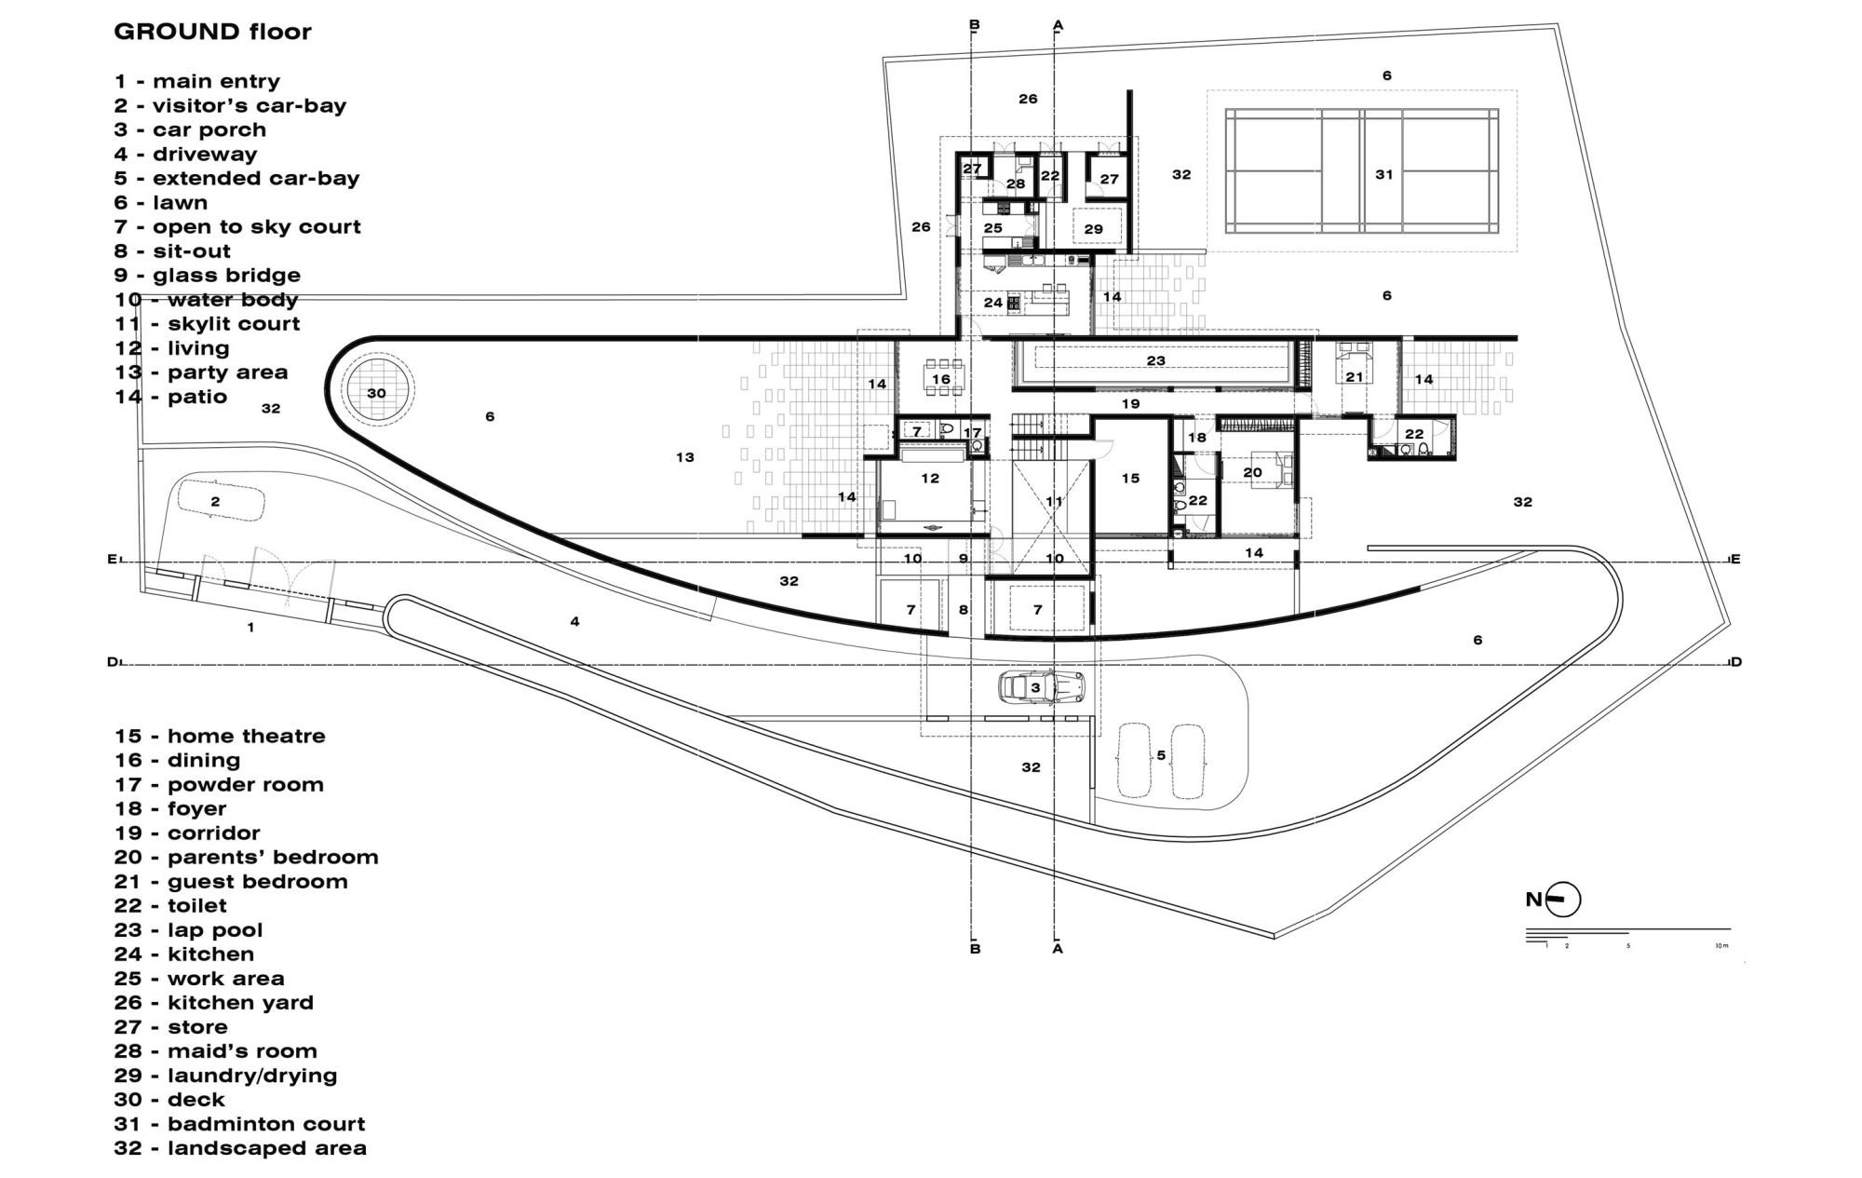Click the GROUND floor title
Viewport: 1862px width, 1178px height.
[212, 32]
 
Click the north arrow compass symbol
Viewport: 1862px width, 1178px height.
[1565, 900]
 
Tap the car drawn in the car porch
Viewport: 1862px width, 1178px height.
[1041, 688]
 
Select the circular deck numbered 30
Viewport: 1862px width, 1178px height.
[376, 393]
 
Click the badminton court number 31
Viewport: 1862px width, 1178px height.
[1383, 174]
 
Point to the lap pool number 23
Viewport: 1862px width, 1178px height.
[1155, 360]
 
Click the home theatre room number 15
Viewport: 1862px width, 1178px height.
[1130, 478]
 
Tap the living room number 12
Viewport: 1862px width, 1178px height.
[930, 478]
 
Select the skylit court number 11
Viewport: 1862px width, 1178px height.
[1054, 501]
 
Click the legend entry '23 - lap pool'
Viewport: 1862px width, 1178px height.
[189, 930]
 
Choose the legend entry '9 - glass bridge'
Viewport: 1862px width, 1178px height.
[208, 276]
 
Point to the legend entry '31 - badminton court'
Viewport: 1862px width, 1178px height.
[240, 1124]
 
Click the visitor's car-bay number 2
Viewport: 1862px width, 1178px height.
[215, 501]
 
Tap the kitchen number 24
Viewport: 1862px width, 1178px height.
[993, 302]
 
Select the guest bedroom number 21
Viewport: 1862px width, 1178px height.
[1354, 377]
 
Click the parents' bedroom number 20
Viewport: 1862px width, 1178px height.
[1252, 472]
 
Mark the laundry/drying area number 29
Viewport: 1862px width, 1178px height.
[1093, 228]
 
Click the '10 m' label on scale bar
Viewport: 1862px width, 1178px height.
[1720, 946]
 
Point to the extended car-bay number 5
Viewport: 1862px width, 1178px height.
[1160, 755]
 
